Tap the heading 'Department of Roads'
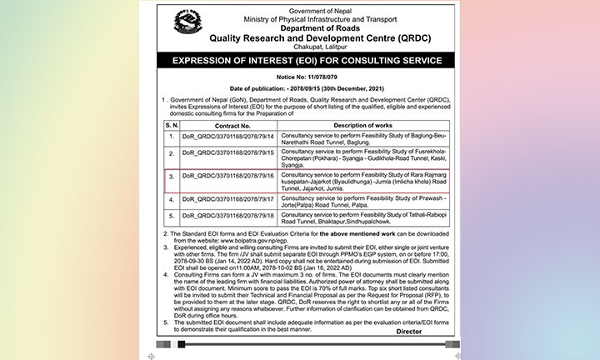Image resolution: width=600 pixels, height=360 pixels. click(299, 26)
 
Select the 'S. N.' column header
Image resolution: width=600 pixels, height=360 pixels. click(172, 125)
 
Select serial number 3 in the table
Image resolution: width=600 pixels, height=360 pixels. click(172, 177)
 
